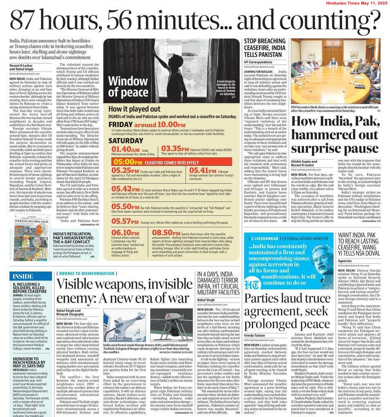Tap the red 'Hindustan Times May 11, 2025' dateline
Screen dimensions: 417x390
click(x=356, y=3)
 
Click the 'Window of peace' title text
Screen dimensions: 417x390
click(x=128, y=87)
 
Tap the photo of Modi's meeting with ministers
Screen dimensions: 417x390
click(x=336, y=72)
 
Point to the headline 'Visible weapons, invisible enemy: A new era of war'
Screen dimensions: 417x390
click(x=123, y=291)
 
